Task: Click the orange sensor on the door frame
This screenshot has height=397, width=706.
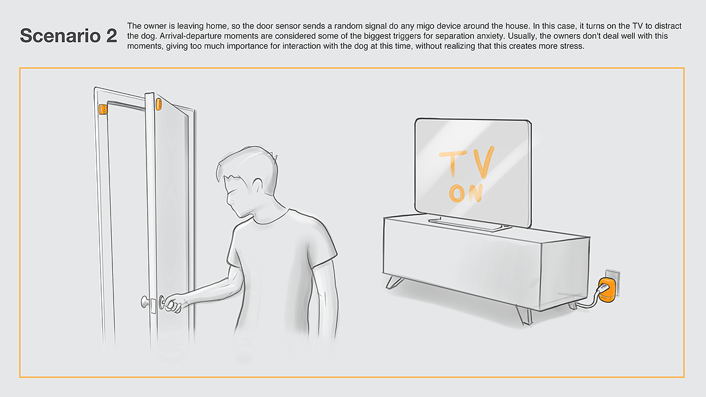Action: (x=103, y=109)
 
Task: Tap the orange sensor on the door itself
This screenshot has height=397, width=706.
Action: (x=158, y=104)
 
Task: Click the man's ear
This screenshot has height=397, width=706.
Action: (x=258, y=186)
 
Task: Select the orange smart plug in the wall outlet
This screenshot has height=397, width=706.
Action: (x=607, y=290)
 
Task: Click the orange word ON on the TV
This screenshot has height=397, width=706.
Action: (x=466, y=193)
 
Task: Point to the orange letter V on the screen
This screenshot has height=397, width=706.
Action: (x=482, y=162)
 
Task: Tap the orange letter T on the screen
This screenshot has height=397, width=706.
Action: (x=453, y=162)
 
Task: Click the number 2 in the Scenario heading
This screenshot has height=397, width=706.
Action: (x=112, y=36)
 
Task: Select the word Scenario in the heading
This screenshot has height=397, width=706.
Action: (x=60, y=36)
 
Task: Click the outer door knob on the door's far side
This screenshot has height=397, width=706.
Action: (x=145, y=302)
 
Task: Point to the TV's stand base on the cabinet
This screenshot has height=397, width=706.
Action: (x=469, y=224)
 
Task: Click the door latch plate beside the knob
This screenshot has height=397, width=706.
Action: (x=154, y=306)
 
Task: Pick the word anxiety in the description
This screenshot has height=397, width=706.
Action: (x=489, y=36)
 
